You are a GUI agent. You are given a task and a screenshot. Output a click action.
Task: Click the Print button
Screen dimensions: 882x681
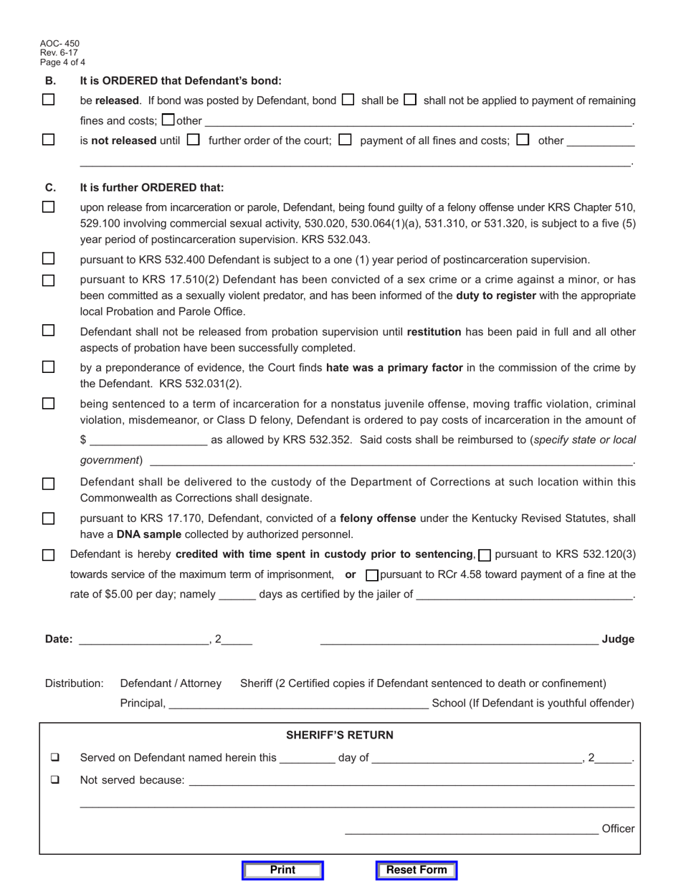tap(282, 870)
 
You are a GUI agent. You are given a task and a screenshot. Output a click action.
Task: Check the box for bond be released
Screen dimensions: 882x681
tap(49, 100)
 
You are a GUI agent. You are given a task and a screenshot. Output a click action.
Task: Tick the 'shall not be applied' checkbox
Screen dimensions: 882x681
tap(410, 100)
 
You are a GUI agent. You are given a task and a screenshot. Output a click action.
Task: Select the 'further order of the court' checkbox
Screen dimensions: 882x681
tap(193, 140)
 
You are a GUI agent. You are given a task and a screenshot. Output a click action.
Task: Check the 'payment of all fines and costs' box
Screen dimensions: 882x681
tap(345, 140)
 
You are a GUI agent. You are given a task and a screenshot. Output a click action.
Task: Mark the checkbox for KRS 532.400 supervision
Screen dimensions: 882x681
tap(49, 259)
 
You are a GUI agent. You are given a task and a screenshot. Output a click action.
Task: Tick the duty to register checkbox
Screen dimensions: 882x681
tap(49, 280)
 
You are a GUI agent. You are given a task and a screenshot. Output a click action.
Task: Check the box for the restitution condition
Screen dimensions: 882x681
tap(49, 331)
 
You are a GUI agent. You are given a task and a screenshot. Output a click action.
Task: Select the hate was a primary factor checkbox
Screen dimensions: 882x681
tap(49, 367)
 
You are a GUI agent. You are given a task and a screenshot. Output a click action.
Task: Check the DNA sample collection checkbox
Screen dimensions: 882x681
tap(49, 518)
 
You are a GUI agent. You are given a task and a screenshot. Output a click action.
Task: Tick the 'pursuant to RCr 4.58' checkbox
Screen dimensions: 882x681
tap(372, 575)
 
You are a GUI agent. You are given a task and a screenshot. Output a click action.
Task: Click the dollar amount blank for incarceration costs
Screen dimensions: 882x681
tap(148, 440)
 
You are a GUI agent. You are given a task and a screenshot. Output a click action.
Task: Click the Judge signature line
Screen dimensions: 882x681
tap(459, 639)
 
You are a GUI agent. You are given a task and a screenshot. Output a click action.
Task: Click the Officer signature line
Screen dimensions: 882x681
tap(471, 829)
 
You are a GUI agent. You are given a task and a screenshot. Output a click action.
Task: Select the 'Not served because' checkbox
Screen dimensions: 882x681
tap(55, 779)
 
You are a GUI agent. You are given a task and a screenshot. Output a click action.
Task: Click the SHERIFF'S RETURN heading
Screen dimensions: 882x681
tap(340, 735)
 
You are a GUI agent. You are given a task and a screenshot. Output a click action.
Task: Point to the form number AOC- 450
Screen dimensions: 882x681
tap(60, 44)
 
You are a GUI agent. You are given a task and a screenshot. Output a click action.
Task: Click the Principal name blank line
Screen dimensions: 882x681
tap(298, 703)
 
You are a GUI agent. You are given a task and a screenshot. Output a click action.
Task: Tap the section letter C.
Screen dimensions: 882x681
tap(50, 187)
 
